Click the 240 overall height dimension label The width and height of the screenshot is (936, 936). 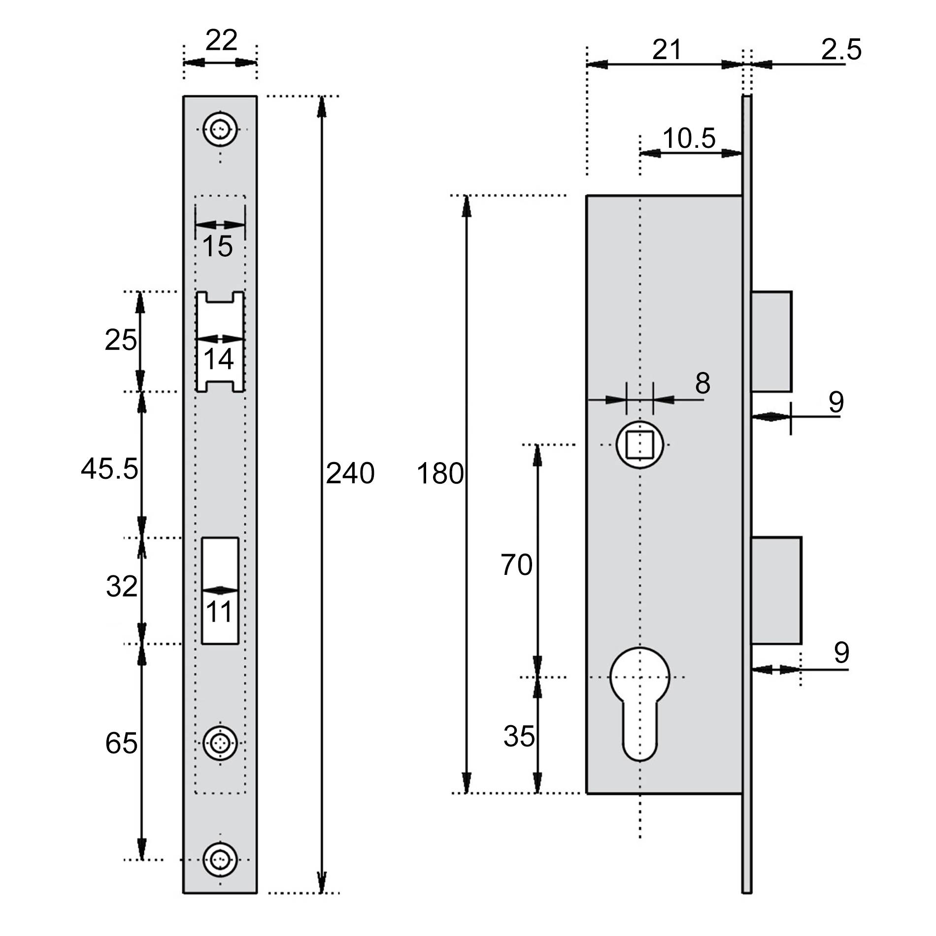pyautogui.click(x=350, y=473)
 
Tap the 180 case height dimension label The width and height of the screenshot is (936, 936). pyautogui.click(x=440, y=473)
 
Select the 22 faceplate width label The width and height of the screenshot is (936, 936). pyautogui.click(x=221, y=40)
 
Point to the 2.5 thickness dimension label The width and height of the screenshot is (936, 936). pyautogui.click(x=841, y=50)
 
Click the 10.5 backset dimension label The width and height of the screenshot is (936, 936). pyautogui.click(x=689, y=138)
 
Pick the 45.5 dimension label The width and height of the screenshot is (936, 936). pyautogui.click(x=109, y=468)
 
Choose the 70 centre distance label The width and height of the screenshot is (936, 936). pyautogui.click(x=517, y=565)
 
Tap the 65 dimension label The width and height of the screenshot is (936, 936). pyautogui.click(x=121, y=743)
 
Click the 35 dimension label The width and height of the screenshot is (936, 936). pyautogui.click(x=519, y=736)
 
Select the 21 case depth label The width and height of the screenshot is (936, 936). pyautogui.click(x=667, y=50)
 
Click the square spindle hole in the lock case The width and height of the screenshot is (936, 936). pyautogui.click(x=640, y=445)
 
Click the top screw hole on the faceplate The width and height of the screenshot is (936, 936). pyautogui.click(x=220, y=130)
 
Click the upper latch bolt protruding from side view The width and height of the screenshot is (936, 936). pyautogui.click(x=771, y=341)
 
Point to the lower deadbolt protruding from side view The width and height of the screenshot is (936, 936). pyautogui.click(x=776, y=590)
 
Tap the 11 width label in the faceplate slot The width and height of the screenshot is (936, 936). pyautogui.click(x=219, y=613)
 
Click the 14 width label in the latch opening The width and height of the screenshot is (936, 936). pyautogui.click(x=218, y=359)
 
